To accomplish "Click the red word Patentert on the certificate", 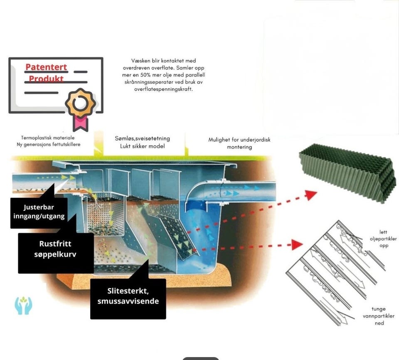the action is pyautogui.click(x=46, y=67).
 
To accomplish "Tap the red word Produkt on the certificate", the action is pyautogui.click(x=46, y=79).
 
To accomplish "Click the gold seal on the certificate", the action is pyautogui.click(x=80, y=103).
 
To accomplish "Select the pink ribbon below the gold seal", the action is pyautogui.click(x=80, y=123).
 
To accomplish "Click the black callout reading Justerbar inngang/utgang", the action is pyautogui.click(x=39, y=212).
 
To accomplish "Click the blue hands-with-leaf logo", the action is pyautogui.click(x=23, y=305).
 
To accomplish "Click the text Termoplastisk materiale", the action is pyautogui.click(x=48, y=138).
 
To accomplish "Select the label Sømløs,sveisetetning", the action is pyautogui.click(x=142, y=138).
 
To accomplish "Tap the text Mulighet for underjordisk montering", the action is pyautogui.click(x=239, y=143).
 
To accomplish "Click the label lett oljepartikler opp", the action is pyautogui.click(x=383, y=239).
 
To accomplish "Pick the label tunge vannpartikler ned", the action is pyautogui.click(x=379, y=316).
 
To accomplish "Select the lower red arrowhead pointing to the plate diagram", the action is pyautogui.click(x=297, y=245).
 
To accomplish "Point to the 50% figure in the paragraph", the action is pyautogui.click(x=145, y=75).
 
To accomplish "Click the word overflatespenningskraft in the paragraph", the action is pyautogui.click(x=163, y=89).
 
